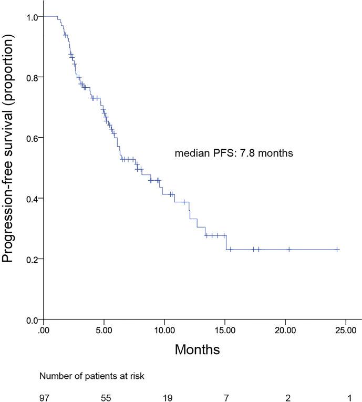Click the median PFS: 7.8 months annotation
pos(233,153)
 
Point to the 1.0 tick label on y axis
pos(33,17)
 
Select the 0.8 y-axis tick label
pos(33,77)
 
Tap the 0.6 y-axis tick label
pos(33,138)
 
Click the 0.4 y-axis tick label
pos(33,199)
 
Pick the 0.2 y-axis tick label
pos(33,259)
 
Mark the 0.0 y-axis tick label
pos(33,319)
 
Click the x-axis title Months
pos(197,349)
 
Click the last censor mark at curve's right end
pos(337,250)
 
